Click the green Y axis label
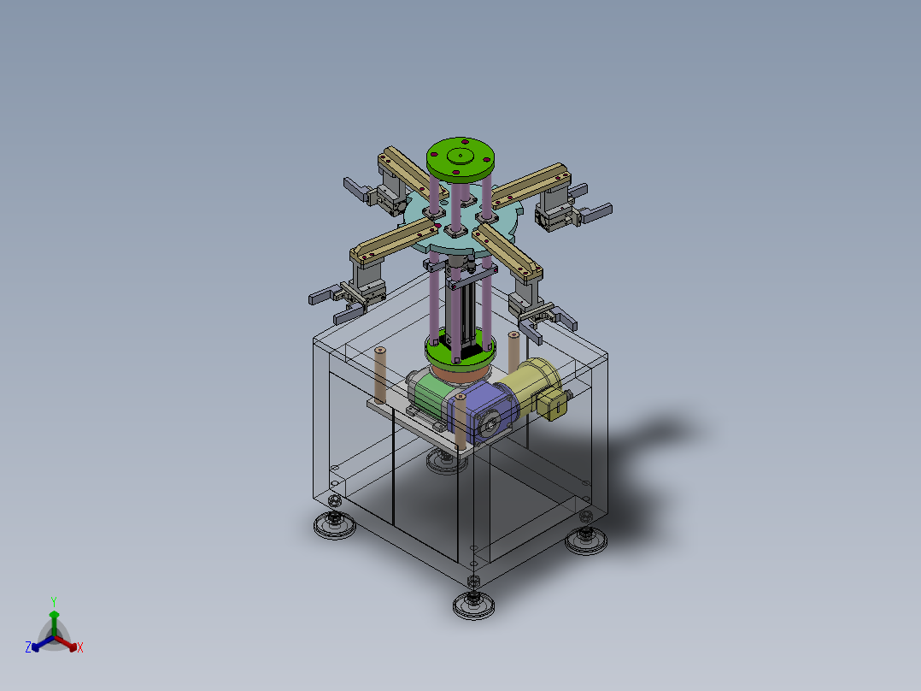[54, 601]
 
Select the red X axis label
[80, 647]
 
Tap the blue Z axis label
[28, 647]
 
